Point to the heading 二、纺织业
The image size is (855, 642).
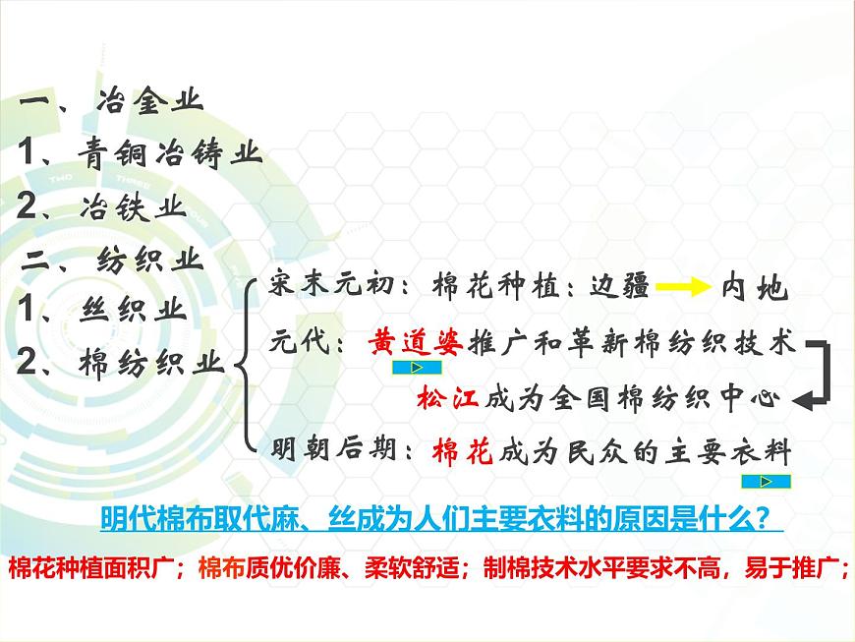pyautogui.click(x=113, y=260)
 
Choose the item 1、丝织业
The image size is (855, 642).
pyautogui.click(x=102, y=311)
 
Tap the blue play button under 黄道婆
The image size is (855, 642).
pyautogui.click(x=414, y=369)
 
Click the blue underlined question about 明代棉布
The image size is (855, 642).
pyautogui.click(x=441, y=518)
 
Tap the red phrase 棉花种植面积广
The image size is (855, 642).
pyautogui.click(x=94, y=568)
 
